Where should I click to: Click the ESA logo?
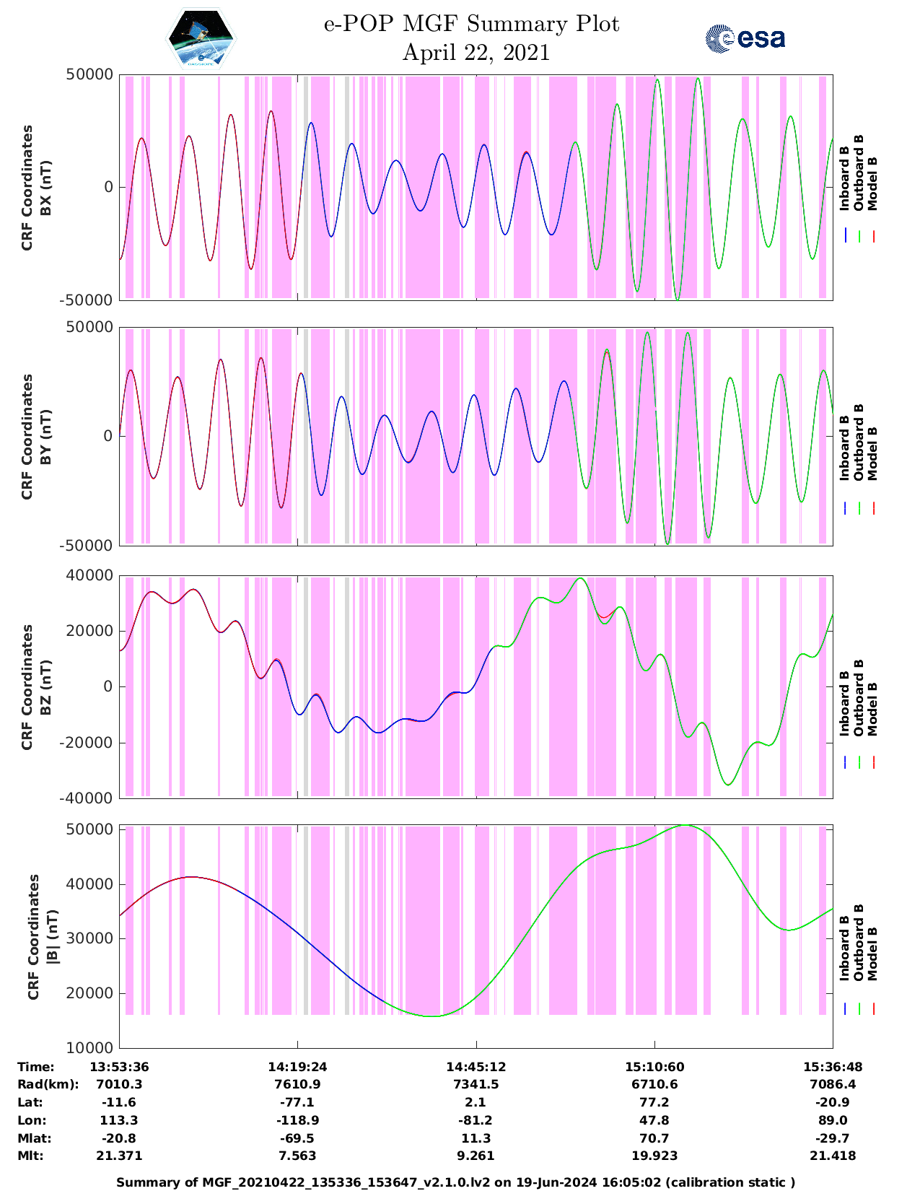pos(745,38)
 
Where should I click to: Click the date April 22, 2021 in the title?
pos(476,53)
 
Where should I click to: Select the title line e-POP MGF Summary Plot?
pos(471,24)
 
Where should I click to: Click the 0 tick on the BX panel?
pos(109,187)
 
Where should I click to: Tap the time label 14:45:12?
pos(476,1067)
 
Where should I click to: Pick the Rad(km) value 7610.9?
pos(297,1084)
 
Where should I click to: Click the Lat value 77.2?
pos(654,1102)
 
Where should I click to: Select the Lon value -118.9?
pos(297,1120)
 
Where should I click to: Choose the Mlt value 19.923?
pos(654,1156)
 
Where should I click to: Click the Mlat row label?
pos(32,1138)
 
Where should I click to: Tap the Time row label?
pos(36,1067)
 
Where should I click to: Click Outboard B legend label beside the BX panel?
pos(858,173)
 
